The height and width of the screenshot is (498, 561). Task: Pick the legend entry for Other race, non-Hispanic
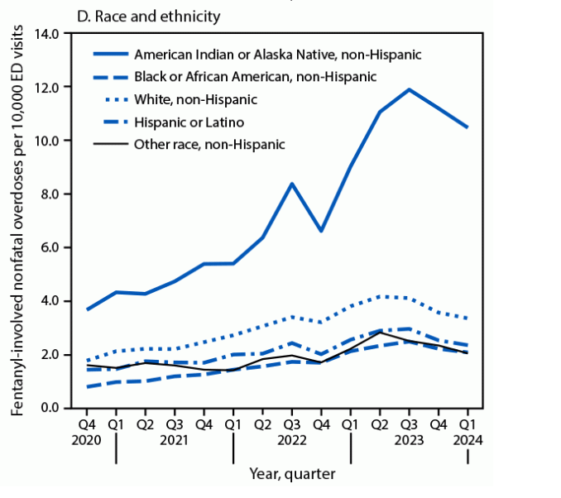point(209,144)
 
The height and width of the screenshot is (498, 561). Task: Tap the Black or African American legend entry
point(255,76)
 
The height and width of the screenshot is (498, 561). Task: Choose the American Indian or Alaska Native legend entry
point(277,54)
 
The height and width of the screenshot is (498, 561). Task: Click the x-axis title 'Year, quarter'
point(292,474)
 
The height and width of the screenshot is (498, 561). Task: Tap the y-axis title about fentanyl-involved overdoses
point(17,219)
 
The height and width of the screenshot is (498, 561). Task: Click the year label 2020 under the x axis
point(85,440)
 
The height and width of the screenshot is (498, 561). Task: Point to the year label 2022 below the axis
point(292,440)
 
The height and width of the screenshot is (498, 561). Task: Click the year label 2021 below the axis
point(175,440)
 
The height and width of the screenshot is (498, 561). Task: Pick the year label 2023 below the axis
point(409,440)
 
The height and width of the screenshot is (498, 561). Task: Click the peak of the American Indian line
point(409,89)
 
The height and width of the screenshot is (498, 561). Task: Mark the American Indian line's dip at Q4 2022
point(321,231)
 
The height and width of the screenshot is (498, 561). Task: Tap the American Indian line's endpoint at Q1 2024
point(467,127)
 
